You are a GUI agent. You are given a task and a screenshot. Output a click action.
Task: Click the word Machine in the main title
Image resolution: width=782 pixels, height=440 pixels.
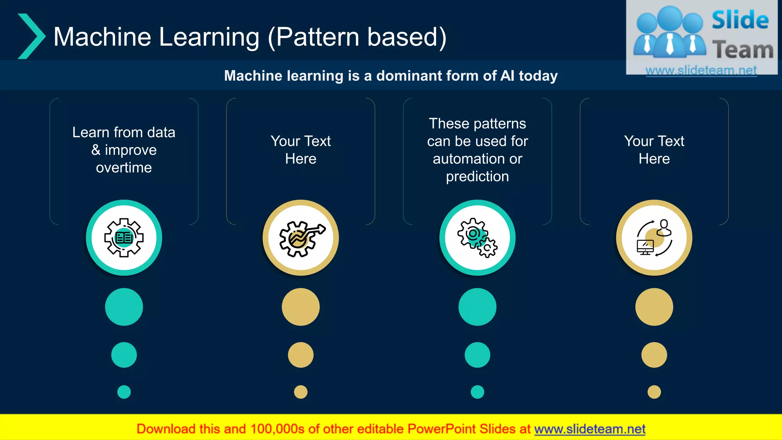coord(102,37)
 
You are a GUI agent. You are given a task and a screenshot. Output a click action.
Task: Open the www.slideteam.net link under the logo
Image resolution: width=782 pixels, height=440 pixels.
coord(701,71)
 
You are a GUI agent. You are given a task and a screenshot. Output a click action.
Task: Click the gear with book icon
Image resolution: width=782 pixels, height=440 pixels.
coord(124,238)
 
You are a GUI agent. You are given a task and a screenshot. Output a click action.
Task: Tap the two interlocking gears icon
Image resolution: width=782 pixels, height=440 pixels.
coord(477,238)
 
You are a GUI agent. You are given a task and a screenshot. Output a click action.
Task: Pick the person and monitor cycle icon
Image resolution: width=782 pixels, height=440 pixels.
coord(654,238)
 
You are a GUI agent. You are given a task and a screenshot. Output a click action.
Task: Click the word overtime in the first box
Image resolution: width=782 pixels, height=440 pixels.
coord(124,168)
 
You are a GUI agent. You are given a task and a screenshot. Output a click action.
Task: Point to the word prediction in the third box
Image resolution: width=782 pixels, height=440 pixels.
coord(477,176)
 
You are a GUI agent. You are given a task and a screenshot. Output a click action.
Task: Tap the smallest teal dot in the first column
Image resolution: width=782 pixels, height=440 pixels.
coord(124,392)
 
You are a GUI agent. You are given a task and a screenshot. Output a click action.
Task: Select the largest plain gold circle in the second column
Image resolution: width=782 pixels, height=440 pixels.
coord(301,307)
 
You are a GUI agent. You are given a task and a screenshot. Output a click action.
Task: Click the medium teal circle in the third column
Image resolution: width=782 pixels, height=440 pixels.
coord(477,355)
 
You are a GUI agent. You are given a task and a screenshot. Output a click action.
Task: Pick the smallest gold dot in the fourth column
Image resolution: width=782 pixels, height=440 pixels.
coord(654,392)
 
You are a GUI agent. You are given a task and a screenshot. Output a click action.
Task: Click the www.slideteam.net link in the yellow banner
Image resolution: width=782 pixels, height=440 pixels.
coord(590,429)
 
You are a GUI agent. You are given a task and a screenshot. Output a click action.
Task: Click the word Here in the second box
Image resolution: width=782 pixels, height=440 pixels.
coord(301,159)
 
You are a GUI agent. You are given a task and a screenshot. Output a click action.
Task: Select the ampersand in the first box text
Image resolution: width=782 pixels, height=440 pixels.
coord(96,150)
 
